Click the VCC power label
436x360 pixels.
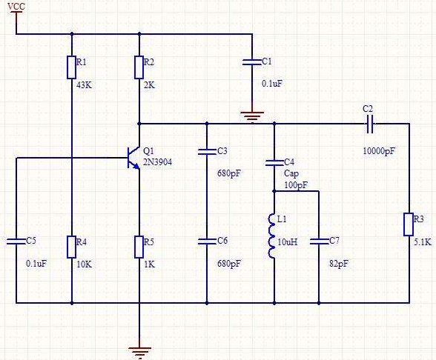(x=16, y=7)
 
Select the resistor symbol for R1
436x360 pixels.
(x=71, y=67)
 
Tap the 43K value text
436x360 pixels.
(x=84, y=84)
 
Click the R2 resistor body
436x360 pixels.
(x=139, y=67)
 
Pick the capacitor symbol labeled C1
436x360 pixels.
(x=252, y=62)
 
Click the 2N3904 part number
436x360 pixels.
(x=157, y=162)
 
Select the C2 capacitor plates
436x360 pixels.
(x=370, y=124)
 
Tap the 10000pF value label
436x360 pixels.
(x=379, y=151)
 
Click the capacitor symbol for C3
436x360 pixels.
(x=207, y=152)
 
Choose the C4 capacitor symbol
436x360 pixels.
(x=274, y=163)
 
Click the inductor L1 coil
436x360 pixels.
(x=271, y=236)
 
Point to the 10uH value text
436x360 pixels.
(x=288, y=242)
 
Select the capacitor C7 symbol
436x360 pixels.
(x=319, y=241)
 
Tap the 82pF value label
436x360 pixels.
(x=339, y=263)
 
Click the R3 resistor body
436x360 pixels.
(x=409, y=224)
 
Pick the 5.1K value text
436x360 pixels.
(x=423, y=242)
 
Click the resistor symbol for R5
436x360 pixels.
(x=139, y=247)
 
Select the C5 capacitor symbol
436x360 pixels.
(x=16, y=241)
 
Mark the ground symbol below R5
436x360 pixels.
(x=139, y=352)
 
